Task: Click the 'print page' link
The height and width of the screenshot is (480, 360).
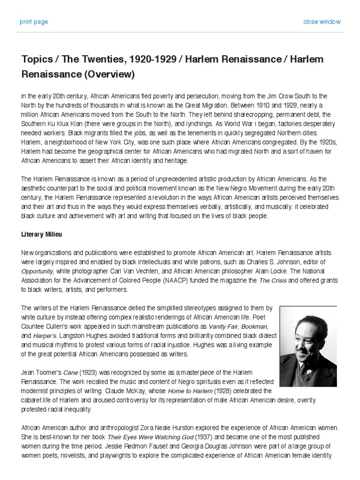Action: tap(33, 22)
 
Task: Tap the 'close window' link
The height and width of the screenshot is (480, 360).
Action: tap(322, 22)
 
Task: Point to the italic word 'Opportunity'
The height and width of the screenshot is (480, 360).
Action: tap(37, 271)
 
